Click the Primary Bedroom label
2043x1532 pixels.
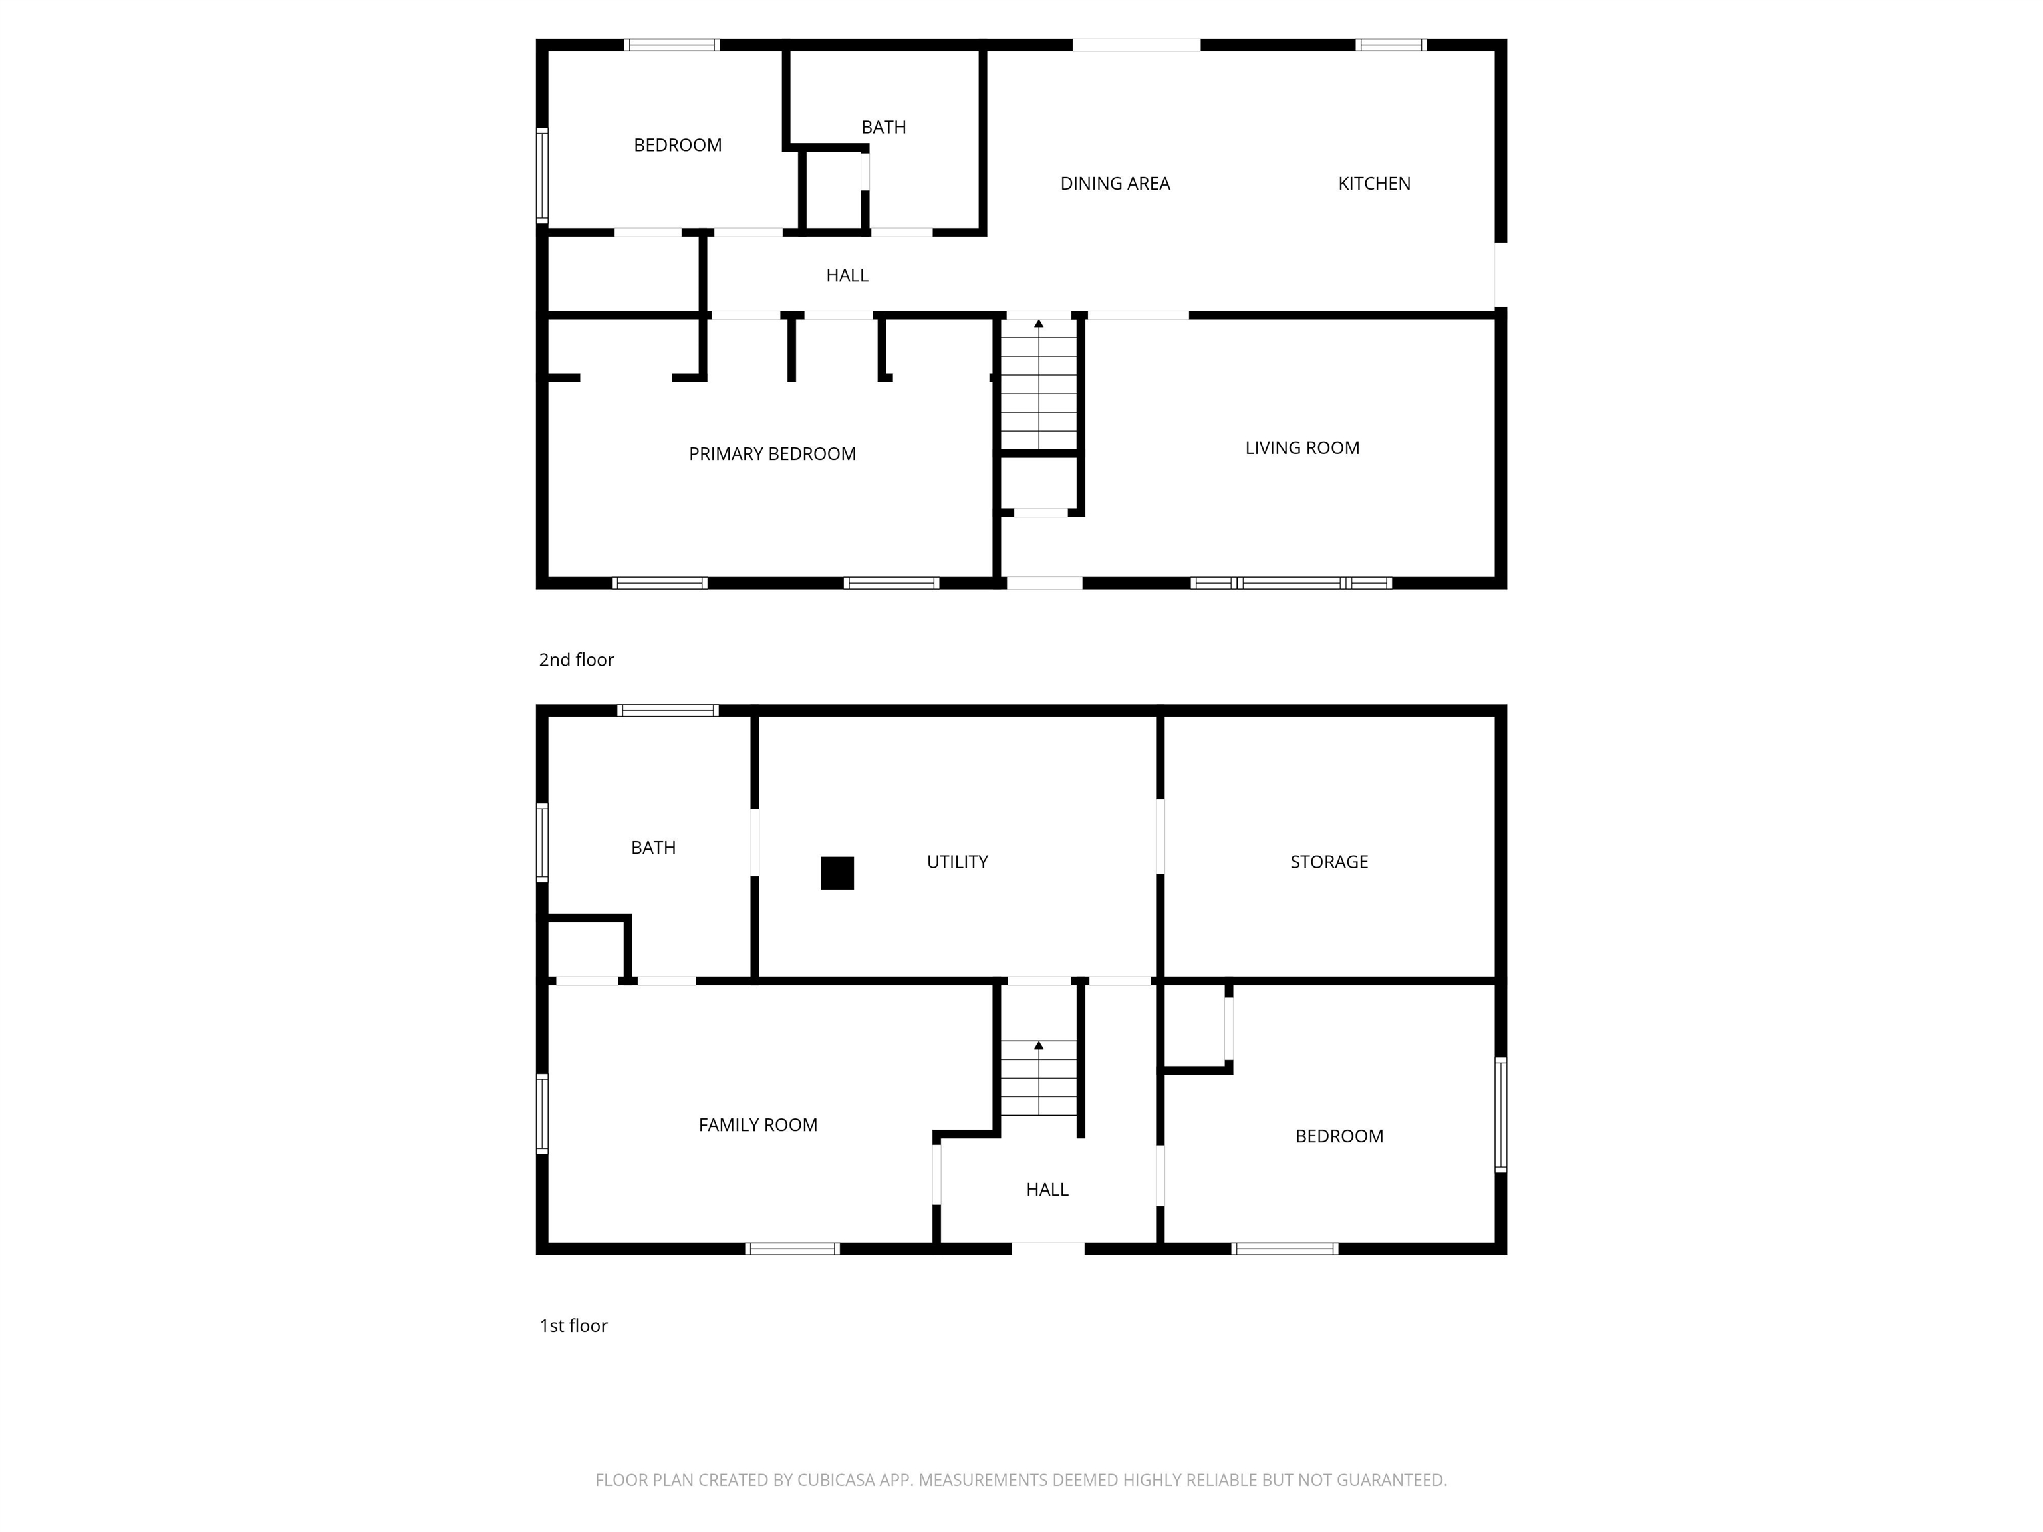click(x=772, y=454)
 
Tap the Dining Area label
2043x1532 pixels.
click(x=1115, y=184)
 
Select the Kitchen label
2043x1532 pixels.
click(x=1373, y=184)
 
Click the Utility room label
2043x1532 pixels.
click(x=957, y=862)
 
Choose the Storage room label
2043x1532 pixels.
click(x=1328, y=862)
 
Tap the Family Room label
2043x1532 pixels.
click(x=757, y=1126)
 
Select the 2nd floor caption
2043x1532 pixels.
click(x=577, y=660)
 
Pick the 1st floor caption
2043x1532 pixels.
click(x=573, y=1326)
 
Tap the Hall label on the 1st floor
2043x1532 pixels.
click(x=1046, y=1190)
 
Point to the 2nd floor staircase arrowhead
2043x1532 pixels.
click(x=1039, y=324)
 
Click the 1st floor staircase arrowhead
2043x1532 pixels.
click(x=1039, y=1045)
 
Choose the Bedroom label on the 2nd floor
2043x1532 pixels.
click(x=677, y=146)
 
